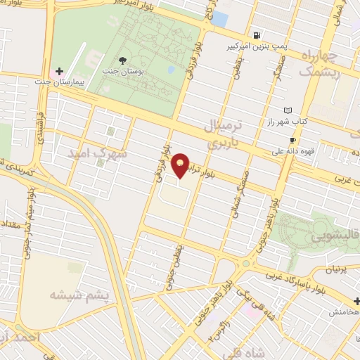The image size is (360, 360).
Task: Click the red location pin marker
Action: click(181, 165)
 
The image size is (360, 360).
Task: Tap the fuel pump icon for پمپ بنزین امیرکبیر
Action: click(258, 35)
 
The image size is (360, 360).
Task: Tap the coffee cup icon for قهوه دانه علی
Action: click(293, 140)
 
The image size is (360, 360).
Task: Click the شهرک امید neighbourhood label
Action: click(98, 152)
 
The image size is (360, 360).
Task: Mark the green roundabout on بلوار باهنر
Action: click(245, 264)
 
